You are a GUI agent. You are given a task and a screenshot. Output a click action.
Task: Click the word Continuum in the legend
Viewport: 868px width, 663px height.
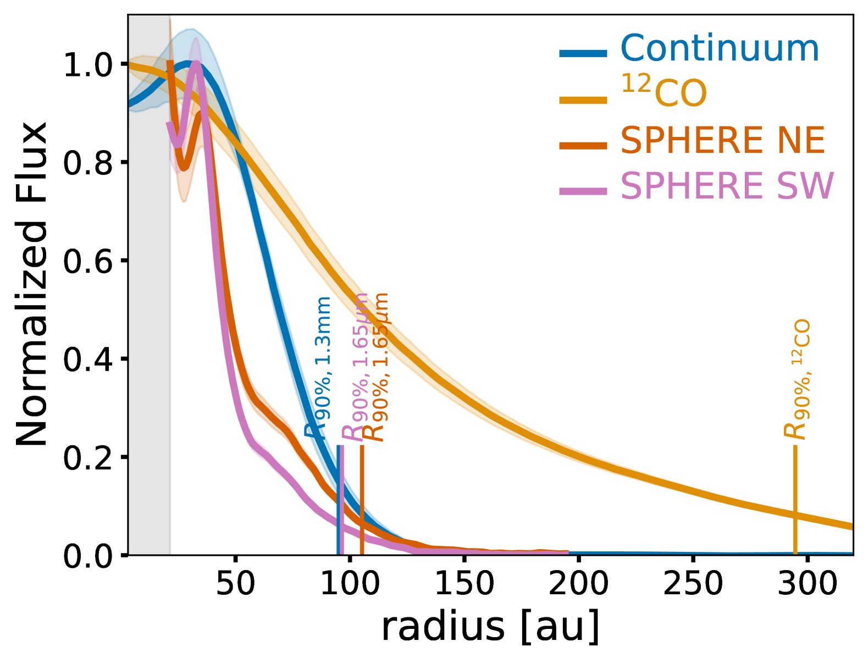pos(719,49)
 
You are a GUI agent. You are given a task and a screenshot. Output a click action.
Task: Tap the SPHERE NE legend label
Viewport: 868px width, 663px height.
pos(722,141)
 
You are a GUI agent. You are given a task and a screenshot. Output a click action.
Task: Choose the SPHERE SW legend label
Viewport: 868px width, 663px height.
pos(727,186)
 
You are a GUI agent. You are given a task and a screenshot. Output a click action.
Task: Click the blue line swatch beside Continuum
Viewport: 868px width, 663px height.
pos(583,54)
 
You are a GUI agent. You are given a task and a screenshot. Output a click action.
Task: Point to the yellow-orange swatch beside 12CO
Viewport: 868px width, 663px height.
pos(583,101)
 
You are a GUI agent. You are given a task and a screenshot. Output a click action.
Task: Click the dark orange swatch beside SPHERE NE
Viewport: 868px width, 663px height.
pos(583,146)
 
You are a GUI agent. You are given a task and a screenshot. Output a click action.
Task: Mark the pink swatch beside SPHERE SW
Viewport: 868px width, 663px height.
pos(583,191)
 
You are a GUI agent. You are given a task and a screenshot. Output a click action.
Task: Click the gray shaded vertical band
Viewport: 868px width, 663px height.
pos(150,330)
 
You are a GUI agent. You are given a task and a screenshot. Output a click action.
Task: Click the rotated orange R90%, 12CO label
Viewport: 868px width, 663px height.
pos(797,379)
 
